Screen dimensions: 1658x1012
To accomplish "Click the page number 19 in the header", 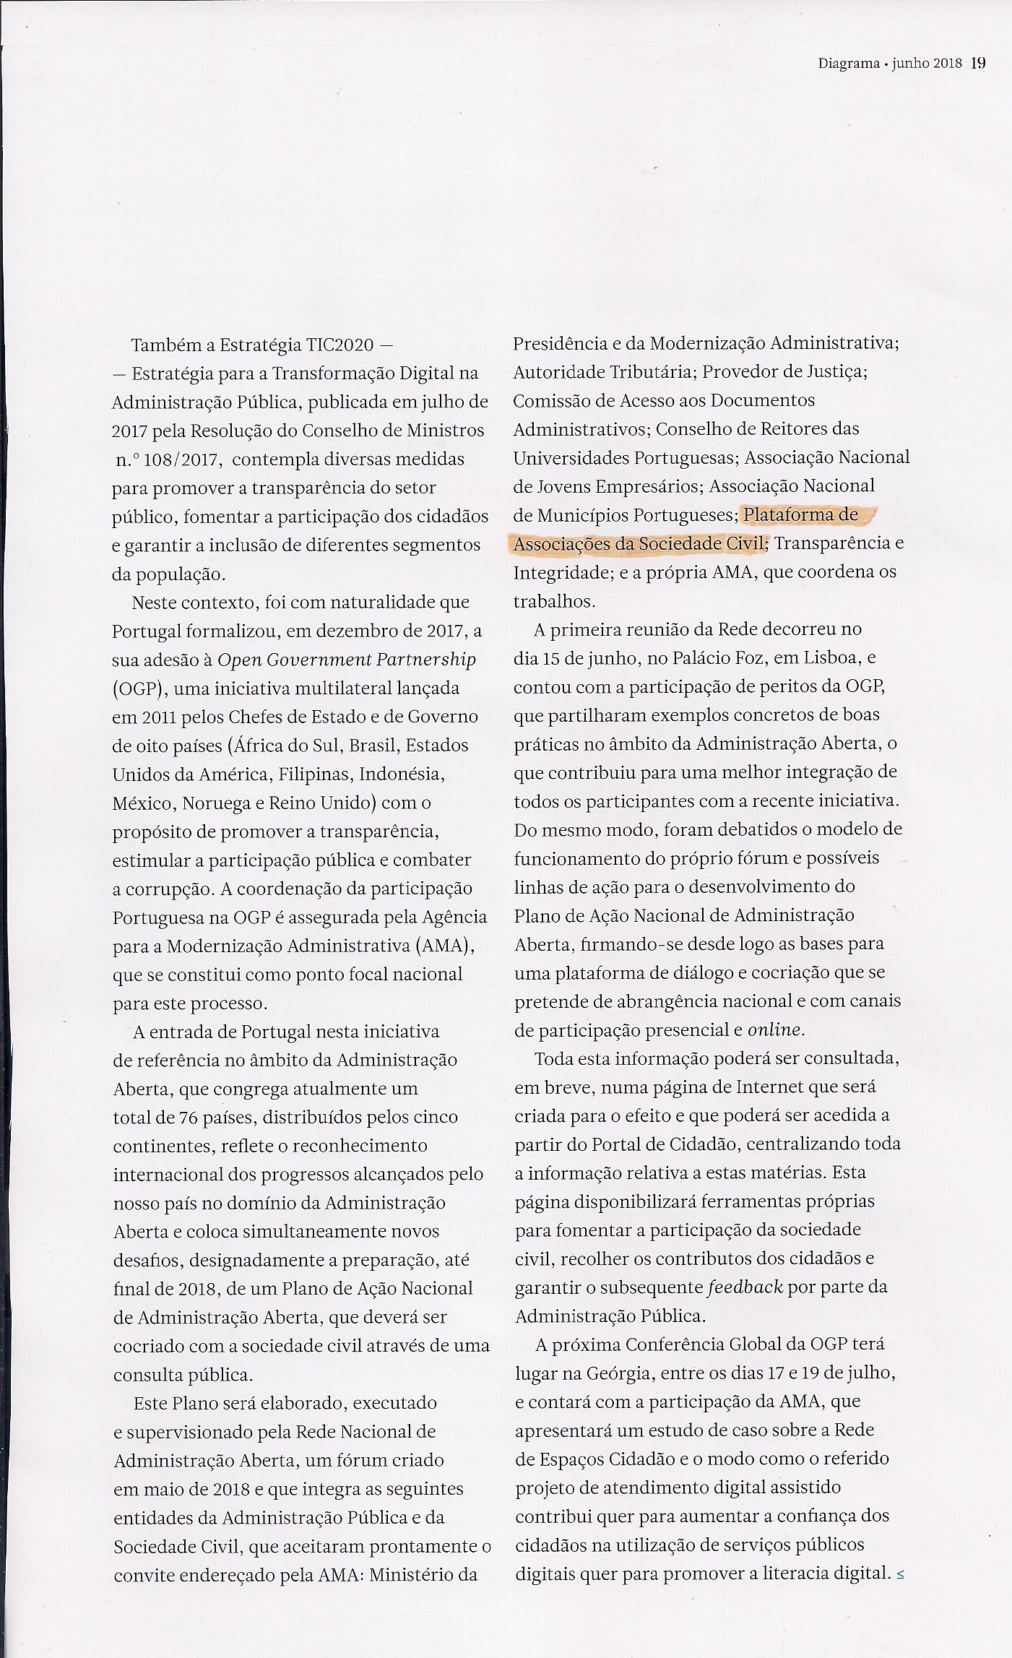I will coord(978,63).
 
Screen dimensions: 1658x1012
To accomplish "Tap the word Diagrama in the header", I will coord(849,64).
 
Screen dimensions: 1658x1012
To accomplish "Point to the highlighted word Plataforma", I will coord(801,515).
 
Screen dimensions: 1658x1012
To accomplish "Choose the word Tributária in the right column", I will coord(657,372).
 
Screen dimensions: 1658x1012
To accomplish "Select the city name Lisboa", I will coord(829,658).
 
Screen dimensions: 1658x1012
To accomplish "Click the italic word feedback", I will coord(744,1287).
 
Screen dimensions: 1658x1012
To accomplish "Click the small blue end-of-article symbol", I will coord(900,1573).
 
